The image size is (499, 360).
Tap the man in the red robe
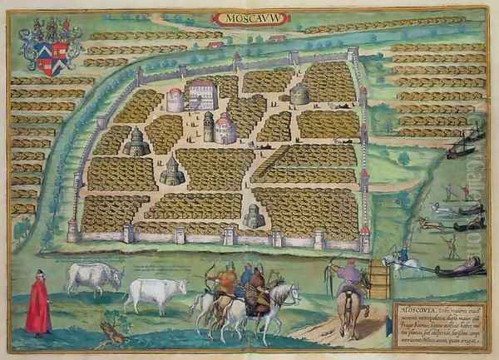[37, 303]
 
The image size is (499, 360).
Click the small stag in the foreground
[113, 333]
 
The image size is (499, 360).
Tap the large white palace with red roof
[202, 96]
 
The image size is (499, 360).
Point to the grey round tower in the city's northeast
[299, 94]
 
